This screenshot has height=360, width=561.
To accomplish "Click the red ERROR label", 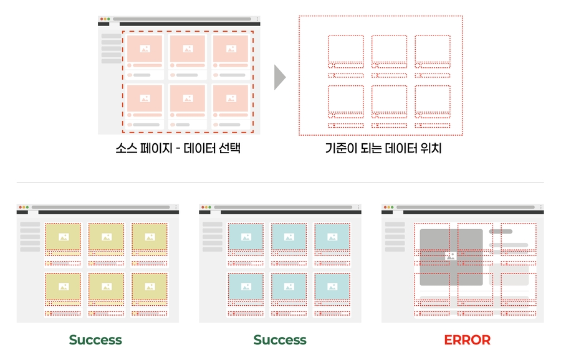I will tap(467, 340).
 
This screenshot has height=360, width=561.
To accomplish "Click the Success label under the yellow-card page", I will tap(95, 340).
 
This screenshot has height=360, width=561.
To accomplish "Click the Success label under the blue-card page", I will tap(280, 340).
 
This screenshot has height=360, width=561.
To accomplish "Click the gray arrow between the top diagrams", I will tap(280, 77).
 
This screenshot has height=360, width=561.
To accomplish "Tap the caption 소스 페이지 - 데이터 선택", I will tap(178, 149).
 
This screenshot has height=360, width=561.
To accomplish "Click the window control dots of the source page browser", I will tap(104, 19).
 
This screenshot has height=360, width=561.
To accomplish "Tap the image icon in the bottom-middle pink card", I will tap(188, 98).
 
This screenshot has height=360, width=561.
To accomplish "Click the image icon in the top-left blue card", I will tap(246, 237).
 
